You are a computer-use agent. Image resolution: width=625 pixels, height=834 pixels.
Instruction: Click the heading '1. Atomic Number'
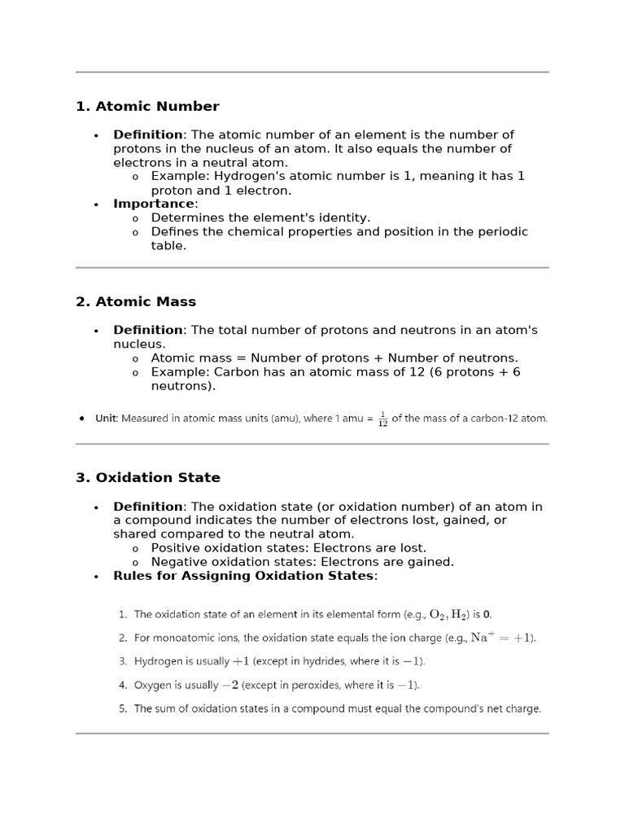click(x=147, y=107)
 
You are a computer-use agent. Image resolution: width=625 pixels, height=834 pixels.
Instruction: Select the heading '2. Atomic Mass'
click(x=136, y=302)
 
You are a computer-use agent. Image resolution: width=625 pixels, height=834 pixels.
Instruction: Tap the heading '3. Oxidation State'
click(x=148, y=478)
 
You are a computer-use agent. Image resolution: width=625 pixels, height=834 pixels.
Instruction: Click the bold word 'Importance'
click(x=154, y=204)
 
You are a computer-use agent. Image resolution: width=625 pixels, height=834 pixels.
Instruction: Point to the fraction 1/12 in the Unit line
click(x=382, y=419)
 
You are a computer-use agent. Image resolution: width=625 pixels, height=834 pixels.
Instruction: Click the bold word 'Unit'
click(x=106, y=419)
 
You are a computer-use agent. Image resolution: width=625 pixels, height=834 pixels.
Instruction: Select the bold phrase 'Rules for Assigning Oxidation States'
click(x=243, y=576)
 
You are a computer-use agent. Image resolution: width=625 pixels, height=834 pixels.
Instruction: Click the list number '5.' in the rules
click(x=123, y=709)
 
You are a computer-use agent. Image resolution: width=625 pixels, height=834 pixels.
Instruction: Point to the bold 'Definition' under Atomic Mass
click(x=147, y=330)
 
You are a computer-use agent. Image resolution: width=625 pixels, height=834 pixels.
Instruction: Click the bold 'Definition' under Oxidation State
click(x=147, y=507)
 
